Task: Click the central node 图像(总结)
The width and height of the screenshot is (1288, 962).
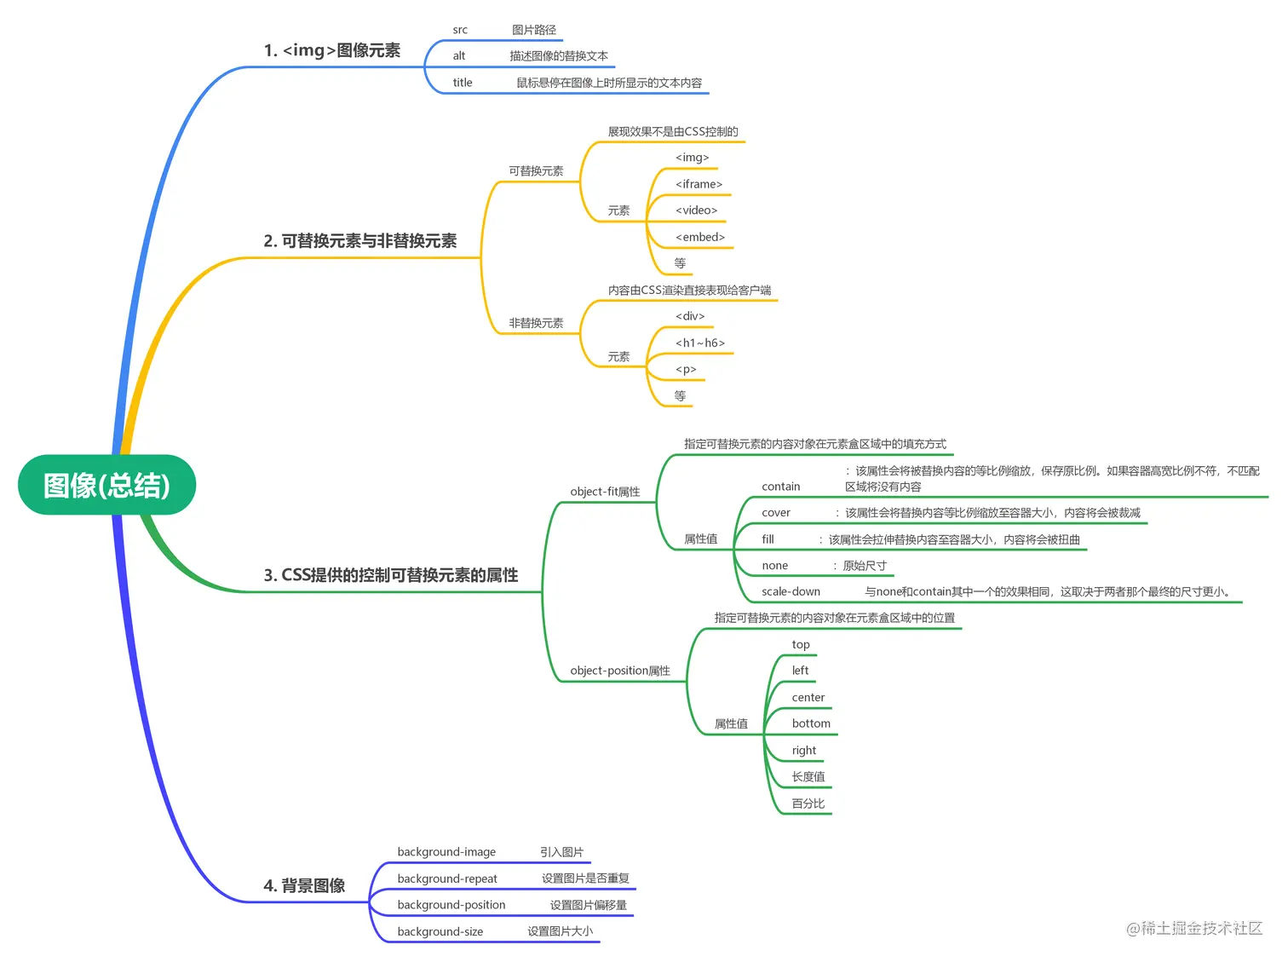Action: click(106, 485)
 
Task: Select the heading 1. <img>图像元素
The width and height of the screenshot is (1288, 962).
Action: click(331, 50)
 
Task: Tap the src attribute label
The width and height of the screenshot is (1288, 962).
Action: click(460, 30)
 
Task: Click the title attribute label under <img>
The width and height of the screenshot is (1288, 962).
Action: click(463, 83)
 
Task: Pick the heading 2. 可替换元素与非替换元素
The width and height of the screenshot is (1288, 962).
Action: click(359, 241)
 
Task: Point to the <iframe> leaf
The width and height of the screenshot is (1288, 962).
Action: click(699, 184)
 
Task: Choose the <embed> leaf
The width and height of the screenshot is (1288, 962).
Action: click(700, 237)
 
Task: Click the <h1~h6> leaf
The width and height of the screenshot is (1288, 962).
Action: click(700, 343)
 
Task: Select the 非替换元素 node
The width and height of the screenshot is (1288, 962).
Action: click(536, 323)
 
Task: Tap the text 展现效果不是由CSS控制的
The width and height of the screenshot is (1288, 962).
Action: click(673, 131)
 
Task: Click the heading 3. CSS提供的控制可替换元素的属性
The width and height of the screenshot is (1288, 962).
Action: click(390, 575)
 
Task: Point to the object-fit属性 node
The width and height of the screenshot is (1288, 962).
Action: click(605, 492)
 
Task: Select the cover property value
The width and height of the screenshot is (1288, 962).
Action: click(776, 512)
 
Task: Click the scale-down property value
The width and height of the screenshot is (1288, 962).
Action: click(791, 591)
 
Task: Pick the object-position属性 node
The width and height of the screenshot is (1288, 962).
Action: click(620, 671)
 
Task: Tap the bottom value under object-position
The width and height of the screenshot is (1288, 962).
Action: click(811, 723)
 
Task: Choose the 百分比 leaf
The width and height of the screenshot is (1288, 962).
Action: click(808, 804)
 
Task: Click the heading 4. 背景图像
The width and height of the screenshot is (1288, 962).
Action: click(304, 885)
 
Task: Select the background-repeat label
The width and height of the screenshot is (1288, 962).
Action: click(447, 878)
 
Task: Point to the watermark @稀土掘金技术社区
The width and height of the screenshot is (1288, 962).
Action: click(1194, 928)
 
